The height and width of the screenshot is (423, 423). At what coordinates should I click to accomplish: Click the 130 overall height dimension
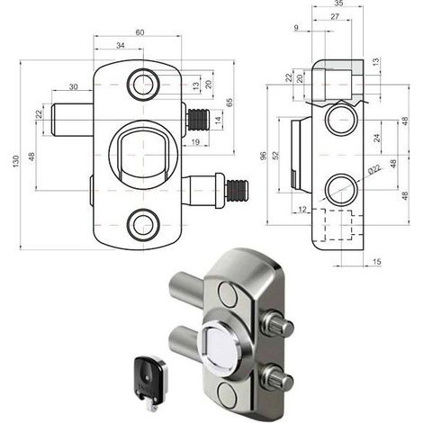coord(16,161)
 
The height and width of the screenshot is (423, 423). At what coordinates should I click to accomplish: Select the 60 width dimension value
coord(140,32)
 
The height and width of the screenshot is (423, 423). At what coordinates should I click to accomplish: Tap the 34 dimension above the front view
coord(121,45)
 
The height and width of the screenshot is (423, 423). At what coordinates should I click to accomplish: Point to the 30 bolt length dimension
coord(74,86)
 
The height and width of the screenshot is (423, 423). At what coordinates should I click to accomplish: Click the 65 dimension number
coord(229,103)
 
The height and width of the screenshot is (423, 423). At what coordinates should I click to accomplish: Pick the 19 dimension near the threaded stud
coord(195,141)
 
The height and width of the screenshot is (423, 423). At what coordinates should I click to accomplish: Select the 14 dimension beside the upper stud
coord(219,121)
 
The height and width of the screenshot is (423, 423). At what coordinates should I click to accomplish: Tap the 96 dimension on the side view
coord(263,156)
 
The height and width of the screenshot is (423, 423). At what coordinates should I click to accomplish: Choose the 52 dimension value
coord(275,155)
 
